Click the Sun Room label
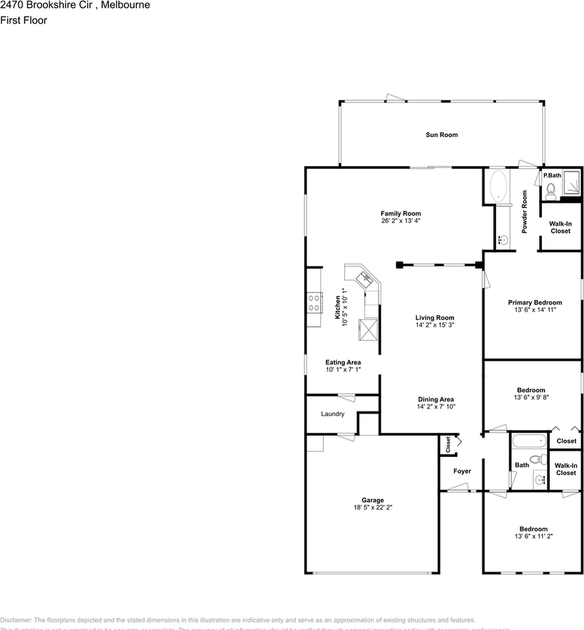pos(441,135)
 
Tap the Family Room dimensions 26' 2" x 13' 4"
pos(400,221)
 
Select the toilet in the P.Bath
pos(551,190)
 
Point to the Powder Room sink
pos(503,240)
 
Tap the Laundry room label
pos(333,414)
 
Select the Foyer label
pos(462,471)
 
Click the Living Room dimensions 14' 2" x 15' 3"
pos(434,325)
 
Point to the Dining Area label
pos(436,399)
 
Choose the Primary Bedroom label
pos(535,303)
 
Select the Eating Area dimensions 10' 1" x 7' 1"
pos(343,370)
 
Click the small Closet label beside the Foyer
pos(448,445)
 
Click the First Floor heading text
pos(24,20)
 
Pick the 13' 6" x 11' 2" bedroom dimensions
pos(533,537)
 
